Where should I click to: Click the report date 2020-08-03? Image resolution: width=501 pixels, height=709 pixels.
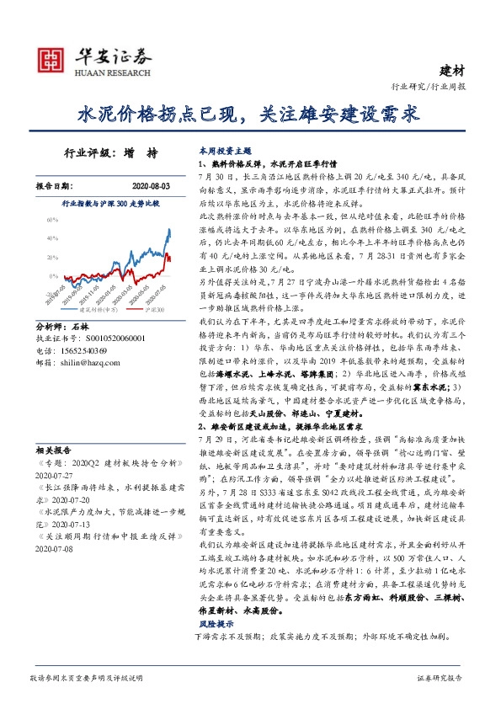click(152, 185)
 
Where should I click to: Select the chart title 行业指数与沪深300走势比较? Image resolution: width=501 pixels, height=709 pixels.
click(111, 204)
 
